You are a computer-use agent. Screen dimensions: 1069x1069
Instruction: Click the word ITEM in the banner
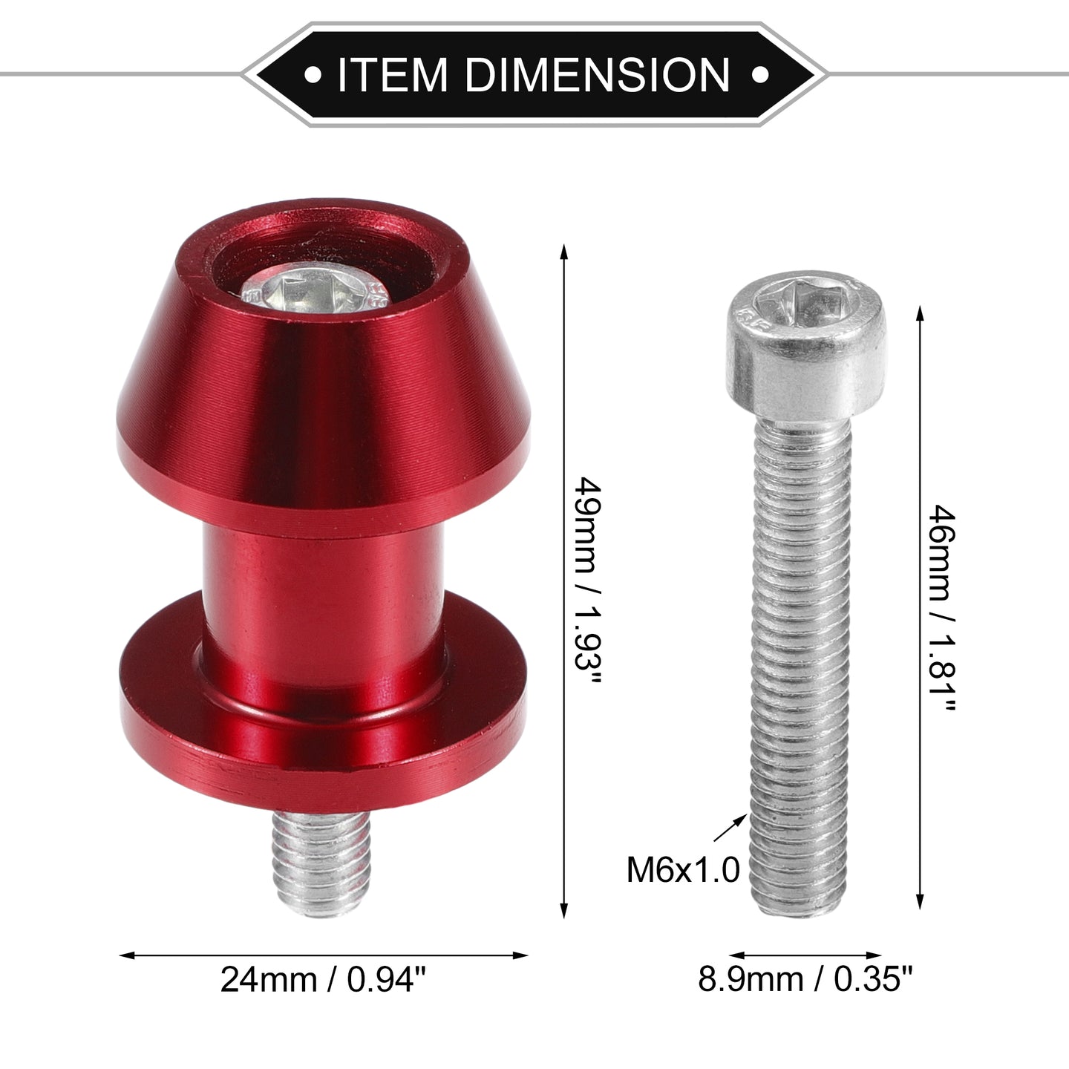(392, 74)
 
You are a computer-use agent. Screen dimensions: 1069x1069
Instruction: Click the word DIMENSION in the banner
(598, 74)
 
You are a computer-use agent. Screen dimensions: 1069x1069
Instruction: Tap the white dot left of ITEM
(313, 74)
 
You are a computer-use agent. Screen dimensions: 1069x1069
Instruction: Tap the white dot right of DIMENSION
(759, 74)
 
